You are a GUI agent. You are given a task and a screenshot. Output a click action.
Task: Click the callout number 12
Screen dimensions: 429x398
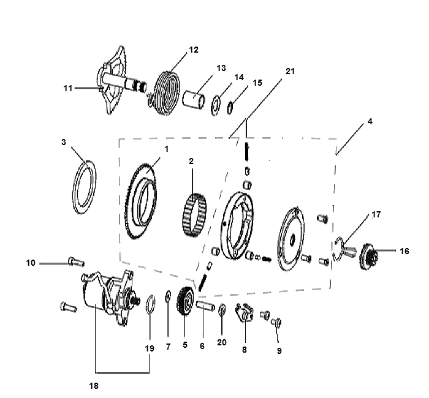(x=194, y=50)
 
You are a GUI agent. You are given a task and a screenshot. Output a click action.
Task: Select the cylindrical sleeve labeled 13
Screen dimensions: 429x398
(x=194, y=99)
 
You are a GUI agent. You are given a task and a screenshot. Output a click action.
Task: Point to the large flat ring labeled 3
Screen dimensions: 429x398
(x=85, y=187)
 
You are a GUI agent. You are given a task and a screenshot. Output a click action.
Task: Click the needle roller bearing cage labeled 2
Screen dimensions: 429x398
(x=194, y=215)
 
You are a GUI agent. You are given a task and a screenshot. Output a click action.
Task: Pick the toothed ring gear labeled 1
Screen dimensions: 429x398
(x=141, y=201)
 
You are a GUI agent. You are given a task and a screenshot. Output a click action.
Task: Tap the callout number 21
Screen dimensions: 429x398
(x=290, y=71)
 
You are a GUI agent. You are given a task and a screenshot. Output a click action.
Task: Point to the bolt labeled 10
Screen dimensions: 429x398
(x=76, y=261)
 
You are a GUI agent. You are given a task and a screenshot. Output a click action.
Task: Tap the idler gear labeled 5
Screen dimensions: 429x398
(x=186, y=301)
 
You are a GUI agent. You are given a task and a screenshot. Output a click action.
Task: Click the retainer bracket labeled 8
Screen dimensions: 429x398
(x=245, y=312)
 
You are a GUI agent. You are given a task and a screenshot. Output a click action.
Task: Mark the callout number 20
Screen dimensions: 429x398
(x=222, y=342)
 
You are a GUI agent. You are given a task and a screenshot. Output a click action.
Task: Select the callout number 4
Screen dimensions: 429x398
(x=370, y=121)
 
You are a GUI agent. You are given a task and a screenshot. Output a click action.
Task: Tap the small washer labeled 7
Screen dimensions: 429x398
(x=168, y=296)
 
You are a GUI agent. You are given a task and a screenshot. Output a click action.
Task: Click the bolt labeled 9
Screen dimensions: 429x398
(x=276, y=323)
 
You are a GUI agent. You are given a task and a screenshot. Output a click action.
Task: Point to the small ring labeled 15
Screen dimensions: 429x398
(x=230, y=107)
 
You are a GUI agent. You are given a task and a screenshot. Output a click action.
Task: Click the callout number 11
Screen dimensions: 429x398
(x=68, y=88)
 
